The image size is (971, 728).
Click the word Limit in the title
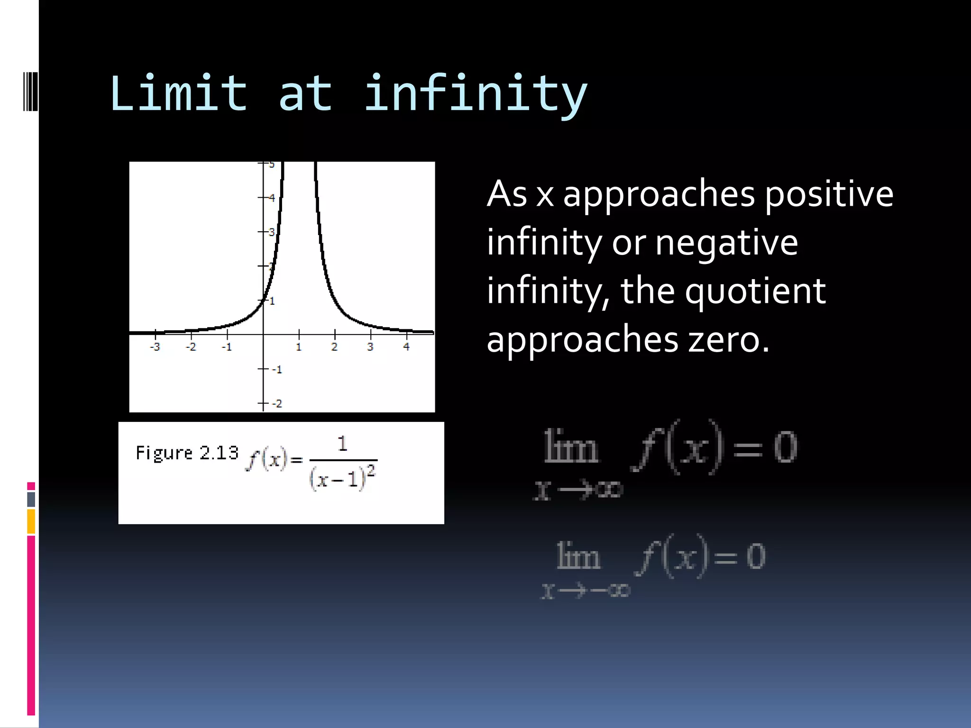(178, 93)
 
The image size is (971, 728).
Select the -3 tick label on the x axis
(155, 347)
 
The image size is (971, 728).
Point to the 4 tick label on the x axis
(406, 347)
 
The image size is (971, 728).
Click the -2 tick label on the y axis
(277, 404)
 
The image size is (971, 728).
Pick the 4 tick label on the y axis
(272, 198)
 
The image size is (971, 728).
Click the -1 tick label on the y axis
(277, 369)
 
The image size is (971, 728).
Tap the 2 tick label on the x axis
(334, 347)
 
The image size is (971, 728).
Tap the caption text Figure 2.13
(187, 453)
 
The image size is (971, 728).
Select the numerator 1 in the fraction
(342, 444)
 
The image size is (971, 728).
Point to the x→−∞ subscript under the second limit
(586, 591)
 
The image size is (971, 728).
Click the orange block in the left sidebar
(31, 521)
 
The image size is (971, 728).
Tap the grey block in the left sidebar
(31, 499)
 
